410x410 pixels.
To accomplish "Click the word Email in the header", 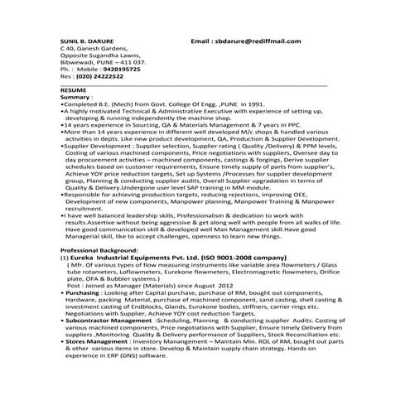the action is coord(202,40).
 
